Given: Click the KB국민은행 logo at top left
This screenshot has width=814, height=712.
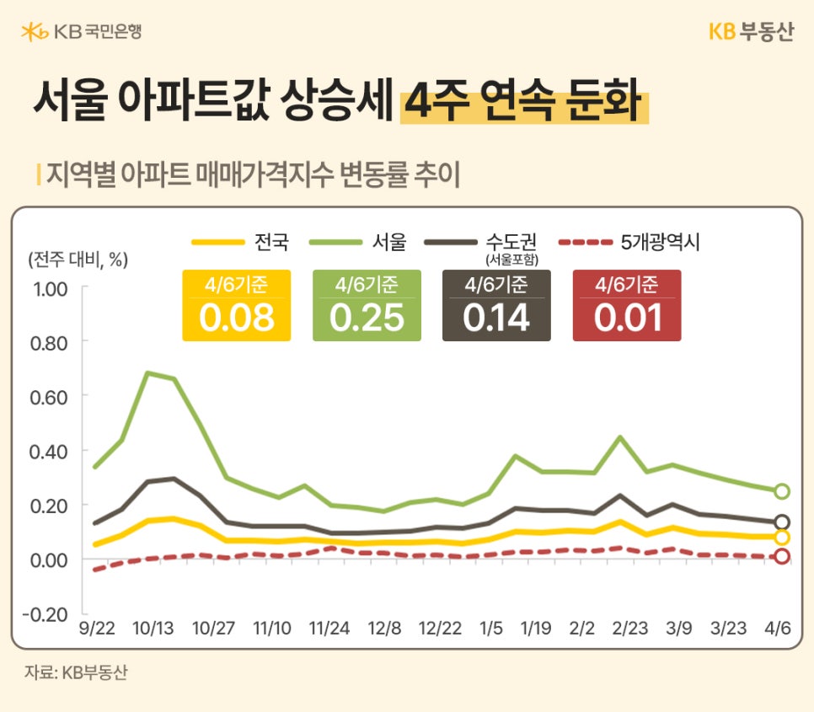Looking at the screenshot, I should point(82,31).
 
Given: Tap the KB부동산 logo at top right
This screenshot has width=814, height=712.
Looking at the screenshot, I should point(750,31).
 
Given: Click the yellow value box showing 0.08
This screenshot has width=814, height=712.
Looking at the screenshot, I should point(236,306).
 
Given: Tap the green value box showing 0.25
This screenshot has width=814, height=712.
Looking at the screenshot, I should point(367,306).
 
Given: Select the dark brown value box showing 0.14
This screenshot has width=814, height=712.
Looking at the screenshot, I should point(496,306).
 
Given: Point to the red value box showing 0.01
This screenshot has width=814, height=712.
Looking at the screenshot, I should point(626,306).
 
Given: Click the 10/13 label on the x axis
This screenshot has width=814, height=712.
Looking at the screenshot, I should point(153,629).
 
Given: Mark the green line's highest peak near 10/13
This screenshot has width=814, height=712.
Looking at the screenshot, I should point(148,372).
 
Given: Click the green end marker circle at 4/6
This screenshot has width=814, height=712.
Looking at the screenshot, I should point(781,491).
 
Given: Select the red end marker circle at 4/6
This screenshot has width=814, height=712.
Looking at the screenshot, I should point(781,556).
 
